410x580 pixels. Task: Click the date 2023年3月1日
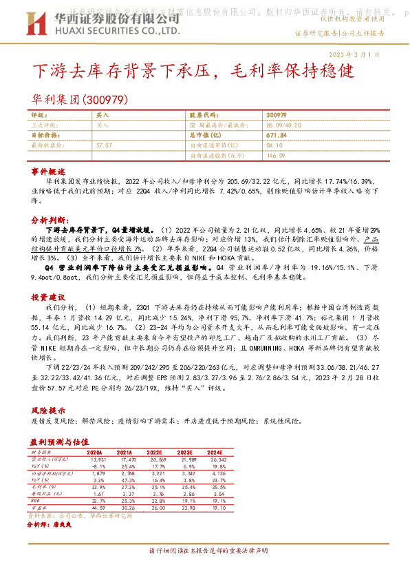374,54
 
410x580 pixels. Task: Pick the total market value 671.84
275,136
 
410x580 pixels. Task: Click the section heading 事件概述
48,170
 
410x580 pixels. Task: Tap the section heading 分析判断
48,218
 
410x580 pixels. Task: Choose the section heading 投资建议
48,277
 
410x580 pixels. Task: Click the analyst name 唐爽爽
63,524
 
